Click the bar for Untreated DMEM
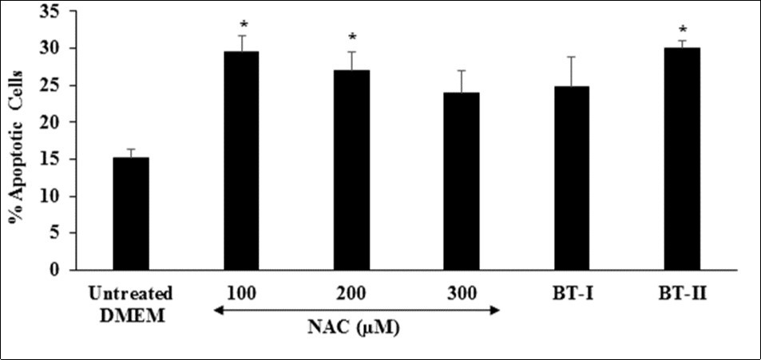pos(131,214)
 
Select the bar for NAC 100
pos(241,160)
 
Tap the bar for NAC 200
pos(351,170)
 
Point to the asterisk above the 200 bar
pos(351,38)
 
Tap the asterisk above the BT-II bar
pos(683,30)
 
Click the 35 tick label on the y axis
pos(54,11)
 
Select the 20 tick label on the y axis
pos(54,122)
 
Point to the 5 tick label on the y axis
pos(57,233)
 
